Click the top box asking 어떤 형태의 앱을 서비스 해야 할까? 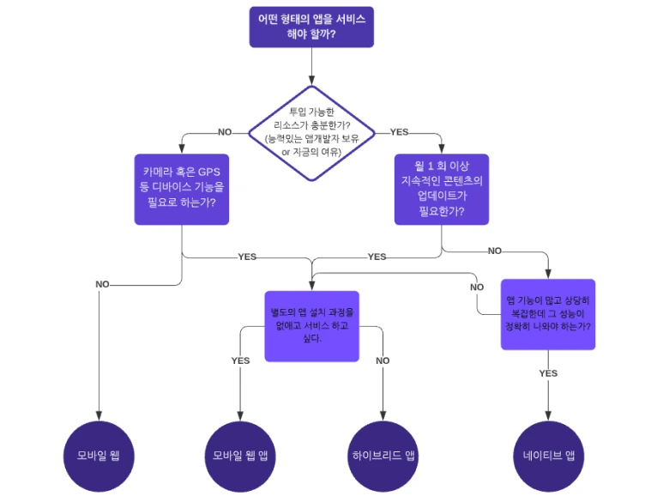click(x=311, y=27)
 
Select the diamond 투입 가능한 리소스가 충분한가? click(x=311, y=133)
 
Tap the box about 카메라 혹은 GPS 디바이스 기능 click(x=182, y=189)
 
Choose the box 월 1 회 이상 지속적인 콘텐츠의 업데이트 click(x=441, y=189)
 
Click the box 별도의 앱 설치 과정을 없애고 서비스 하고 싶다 click(x=311, y=325)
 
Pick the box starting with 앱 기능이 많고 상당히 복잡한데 click(x=548, y=314)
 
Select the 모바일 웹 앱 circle click(x=240, y=456)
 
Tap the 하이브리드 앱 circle click(x=383, y=456)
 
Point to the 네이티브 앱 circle click(x=548, y=456)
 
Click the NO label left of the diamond click(x=225, y=132)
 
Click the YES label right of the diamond click(x=399, y=132)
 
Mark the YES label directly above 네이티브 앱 click(x=548, y=373)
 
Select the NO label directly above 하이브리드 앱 click(x=383, y=360)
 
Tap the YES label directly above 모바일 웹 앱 click(x=240, y=360)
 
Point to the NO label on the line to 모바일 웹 click(x=102, y=284)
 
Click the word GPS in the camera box click(x=209, y=170)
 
